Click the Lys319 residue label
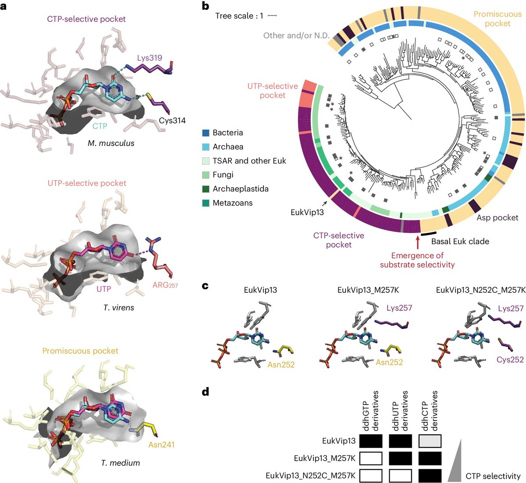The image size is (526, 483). pyautogui.click(x=149, y=58)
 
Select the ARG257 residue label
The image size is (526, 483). pyautogui.click(x=165, y=285)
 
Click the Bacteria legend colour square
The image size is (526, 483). pyautogui.click(x=205, y=132)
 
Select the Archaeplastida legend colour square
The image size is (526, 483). pyautogui.click(x=205, y=189)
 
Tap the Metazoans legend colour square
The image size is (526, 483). pyautogui.click(x=205, y=203)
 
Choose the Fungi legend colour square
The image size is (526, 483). pyautogui.click(x=205, y=175)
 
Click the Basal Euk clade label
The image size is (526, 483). pyautogui.click(x=460, y=241)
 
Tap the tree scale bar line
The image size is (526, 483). pyautogui.click(x=272, y=16)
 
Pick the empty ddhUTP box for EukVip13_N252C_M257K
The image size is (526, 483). pyautogui.click(x=400, y=476)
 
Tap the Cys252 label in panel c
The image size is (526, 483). pyautogui.click(x=510, y=359)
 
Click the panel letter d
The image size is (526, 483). pyautogui.click(x=206, y=391)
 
